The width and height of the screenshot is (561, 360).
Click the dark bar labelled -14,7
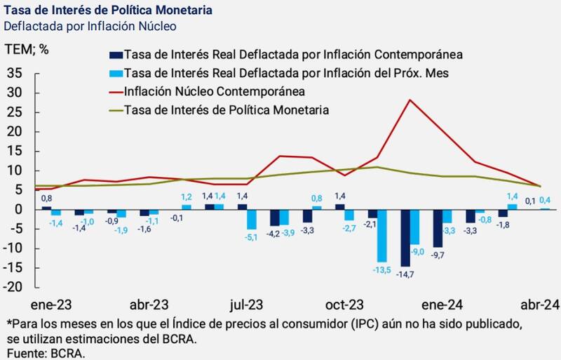tap(405, 237)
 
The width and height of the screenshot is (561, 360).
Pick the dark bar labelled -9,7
tap(438, 227)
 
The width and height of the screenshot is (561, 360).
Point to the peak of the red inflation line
tap(410, 100)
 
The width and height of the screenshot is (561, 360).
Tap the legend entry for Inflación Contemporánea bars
tap(295, 54)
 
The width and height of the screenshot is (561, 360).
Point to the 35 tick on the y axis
tap(15, 73)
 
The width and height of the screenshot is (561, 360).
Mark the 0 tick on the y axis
tap(20, 209)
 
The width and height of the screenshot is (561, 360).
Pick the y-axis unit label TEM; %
tap(27, 49)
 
